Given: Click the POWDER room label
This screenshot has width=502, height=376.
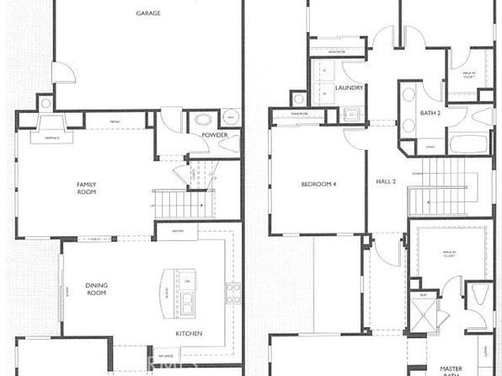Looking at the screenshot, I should click(x=216, y=135).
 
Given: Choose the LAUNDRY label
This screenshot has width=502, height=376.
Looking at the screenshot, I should click(x=348, y=88).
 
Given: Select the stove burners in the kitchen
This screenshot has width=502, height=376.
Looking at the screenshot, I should click(x=232, y=293).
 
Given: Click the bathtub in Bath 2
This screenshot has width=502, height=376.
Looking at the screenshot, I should click(x=468, y=142).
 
